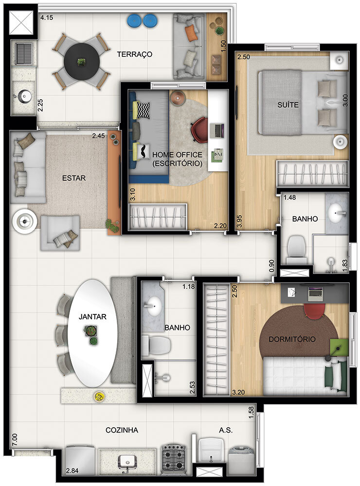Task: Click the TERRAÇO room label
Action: click(135, 54)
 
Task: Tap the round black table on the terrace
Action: click(81, 62)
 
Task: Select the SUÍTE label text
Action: click(288, 105)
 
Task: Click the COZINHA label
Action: click(122, 430)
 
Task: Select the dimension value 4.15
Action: click(47, 18)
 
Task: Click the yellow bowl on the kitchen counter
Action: click(99, 396)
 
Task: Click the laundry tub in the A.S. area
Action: click(211, 453)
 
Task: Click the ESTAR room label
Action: click(74, 178)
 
